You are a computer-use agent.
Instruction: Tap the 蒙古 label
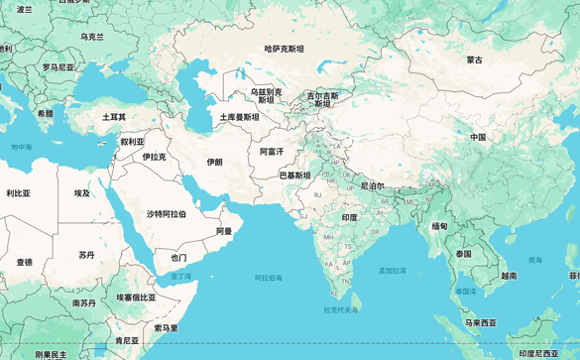point(475,60)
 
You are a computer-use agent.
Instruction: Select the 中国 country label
point(478,137)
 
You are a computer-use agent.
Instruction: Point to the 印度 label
point(349,217)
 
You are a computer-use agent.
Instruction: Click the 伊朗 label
point(214,162)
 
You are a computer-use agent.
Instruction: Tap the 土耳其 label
point(114,117)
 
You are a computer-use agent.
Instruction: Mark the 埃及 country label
point(81,193)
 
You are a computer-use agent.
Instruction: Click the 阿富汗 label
point(272,152)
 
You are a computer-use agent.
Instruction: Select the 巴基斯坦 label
point(294,176)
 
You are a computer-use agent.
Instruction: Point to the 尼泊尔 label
point(372,185)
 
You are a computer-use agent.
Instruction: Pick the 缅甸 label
point(439,226)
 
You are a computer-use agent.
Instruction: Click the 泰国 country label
point(464,254)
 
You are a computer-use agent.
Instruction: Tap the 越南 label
point(509,276)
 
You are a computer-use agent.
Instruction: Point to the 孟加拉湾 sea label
point(392,270)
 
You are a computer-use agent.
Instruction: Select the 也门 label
point(178,258)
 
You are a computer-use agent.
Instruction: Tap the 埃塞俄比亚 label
point(136,298)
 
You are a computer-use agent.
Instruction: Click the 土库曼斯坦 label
point(239,117)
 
